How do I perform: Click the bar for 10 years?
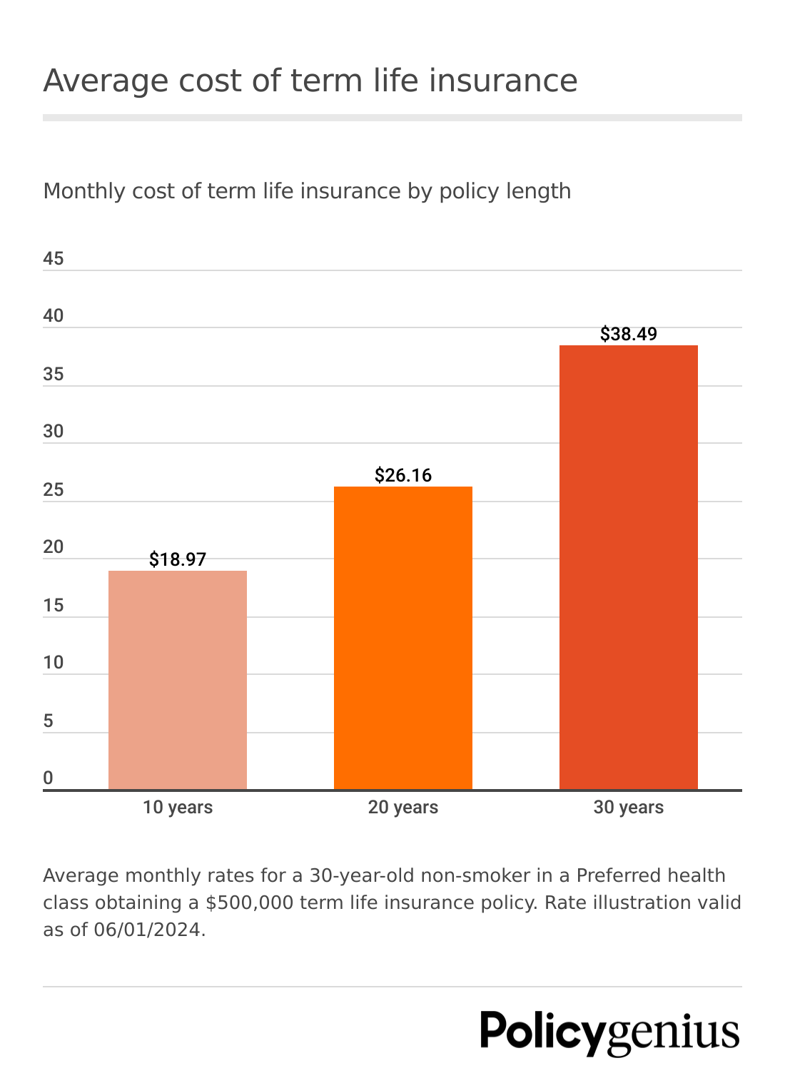[178, 679]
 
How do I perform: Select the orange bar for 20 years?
[403, 637]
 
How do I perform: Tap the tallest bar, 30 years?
[628, 567]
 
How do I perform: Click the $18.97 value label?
[178, 559]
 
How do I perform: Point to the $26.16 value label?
[403, 475]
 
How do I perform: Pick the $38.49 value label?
[628, 334]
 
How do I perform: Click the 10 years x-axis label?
[178, 808]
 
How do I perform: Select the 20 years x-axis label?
[403, 808]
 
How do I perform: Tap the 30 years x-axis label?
[628, 808]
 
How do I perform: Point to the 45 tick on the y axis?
[54, 258]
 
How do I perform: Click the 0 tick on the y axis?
[48, 778]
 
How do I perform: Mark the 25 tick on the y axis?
[54, 490]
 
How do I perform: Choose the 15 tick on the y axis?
[54, 606]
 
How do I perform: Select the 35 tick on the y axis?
[54, 375]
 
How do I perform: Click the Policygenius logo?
[610, 1032]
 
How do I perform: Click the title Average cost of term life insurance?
[310, 81]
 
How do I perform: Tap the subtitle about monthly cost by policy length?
[307, 191]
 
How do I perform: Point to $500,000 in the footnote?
[249, 902]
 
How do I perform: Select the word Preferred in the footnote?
[619, 875]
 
